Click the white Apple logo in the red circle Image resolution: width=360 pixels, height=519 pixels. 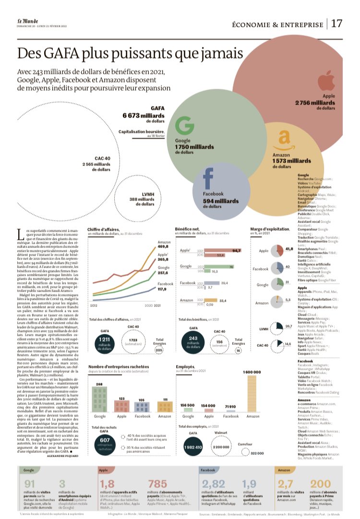[325, 80]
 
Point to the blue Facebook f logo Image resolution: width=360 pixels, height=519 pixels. [208, 178]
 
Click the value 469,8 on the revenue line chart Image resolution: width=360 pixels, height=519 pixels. [164, 248]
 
